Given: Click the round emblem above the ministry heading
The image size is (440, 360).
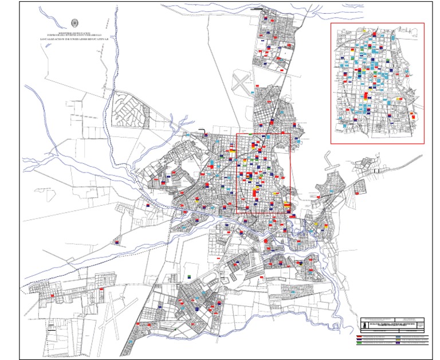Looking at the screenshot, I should (x=74, y=24).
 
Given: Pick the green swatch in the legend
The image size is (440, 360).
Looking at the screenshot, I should (x=359, y=342).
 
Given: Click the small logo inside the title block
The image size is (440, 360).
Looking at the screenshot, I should (x=364, y=325).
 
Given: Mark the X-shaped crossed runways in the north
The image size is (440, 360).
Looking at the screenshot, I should (x=242, y=83).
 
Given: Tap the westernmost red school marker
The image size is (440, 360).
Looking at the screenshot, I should (x=52, y=295).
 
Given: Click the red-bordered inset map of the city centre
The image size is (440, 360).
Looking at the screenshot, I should (x=377, y=83).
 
